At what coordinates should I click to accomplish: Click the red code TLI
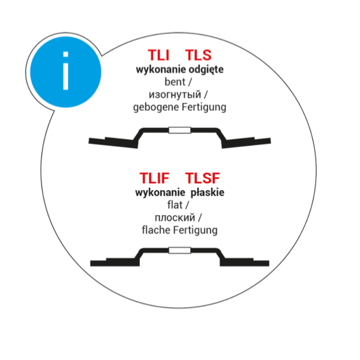coord(158,55)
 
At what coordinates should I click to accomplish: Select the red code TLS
coord(198,55)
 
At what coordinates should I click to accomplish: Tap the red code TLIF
coord(155,178)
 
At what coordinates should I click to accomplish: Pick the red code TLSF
coord(202,178)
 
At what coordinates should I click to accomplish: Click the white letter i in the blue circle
coord(66,71)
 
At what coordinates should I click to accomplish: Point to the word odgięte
coord(206,69)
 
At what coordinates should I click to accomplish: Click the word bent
coord(175,82)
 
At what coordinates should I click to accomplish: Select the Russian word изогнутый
coord(175,95)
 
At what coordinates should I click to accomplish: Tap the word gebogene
coord(156,107)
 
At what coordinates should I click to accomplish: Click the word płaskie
coord(207,192)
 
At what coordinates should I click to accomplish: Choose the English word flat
coord(175,205)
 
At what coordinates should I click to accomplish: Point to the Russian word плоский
coord(175,218)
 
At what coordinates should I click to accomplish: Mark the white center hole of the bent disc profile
coord(180,130)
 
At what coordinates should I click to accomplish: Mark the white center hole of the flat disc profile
coord(180,251)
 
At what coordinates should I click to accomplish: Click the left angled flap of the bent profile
coord(113,143)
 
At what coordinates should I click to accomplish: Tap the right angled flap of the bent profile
coord(246,143)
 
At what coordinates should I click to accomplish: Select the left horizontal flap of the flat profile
coord(114,262)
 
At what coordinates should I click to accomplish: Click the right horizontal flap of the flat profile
coord(244,262)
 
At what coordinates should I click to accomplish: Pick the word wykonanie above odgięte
coord(161,69)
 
